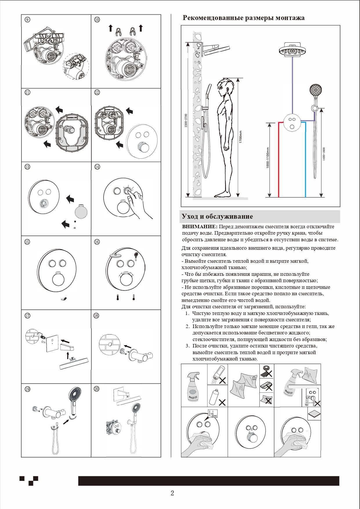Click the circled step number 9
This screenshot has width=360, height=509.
[27, 20]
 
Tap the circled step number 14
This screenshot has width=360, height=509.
[97, 167]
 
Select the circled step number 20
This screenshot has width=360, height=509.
[97, 389]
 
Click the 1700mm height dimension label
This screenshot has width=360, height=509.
[240, 136]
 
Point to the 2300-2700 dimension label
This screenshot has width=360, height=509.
[186, 120]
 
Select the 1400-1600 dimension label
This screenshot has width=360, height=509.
[324, 154]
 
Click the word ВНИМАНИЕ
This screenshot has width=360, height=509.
[200, 227]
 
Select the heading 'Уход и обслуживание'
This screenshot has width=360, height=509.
[217, 216]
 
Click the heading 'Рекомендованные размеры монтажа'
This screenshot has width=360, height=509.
[243, 18]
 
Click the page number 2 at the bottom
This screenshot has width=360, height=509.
[172, 493]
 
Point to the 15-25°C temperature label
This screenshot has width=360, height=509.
[213, 415]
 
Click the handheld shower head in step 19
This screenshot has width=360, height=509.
[75, 399]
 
